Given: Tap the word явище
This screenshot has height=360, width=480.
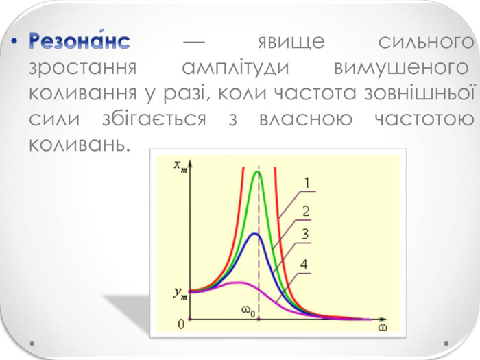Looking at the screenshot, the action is click(291, 42).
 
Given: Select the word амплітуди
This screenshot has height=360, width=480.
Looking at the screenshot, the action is click(235, 68).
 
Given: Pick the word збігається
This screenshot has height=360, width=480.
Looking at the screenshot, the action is click(154, 117).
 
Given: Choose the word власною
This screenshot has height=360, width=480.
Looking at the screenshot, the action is click(306, 119).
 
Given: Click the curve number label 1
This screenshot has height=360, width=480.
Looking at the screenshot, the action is click(307, 183).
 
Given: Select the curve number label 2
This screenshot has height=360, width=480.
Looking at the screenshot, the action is click(306, 211).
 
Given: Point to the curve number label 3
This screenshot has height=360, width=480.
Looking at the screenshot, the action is click(305, 235).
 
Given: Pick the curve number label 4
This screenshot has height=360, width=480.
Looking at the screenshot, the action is click(304, 264).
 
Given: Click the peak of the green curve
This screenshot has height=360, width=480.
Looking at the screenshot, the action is click(257, 171).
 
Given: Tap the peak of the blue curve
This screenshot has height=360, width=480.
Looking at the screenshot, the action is click(254, 234).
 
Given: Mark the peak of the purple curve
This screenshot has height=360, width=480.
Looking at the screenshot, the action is click(241, 283).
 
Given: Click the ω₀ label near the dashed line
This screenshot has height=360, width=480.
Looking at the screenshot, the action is click(248, 311).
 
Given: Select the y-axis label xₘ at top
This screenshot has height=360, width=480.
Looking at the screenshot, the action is click(180, 166).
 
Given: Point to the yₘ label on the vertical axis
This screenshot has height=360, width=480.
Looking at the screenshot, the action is click(180, 293).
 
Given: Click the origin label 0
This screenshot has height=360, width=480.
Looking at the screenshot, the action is click(181, 324).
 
